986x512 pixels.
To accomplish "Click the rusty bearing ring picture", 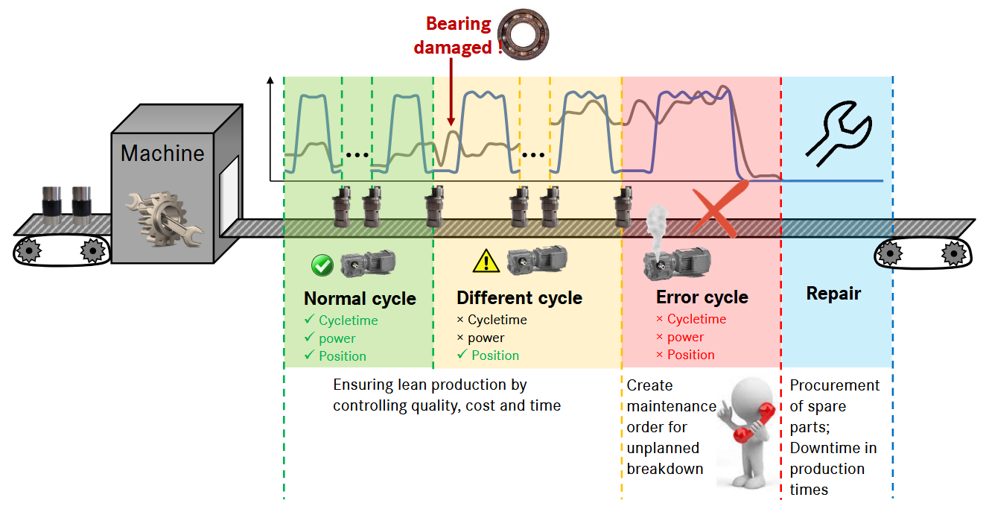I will coord(523,34).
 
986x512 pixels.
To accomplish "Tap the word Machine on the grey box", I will coord(162,154).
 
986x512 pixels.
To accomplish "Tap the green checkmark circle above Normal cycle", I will coord(322,265).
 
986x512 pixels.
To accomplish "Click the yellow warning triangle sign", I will coord(486,261).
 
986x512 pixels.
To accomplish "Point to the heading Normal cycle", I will coord(360,299).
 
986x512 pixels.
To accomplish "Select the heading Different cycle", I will coord(519,298).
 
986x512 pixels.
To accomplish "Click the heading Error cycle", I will coord(702,297).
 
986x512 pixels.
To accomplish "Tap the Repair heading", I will coord(833,294).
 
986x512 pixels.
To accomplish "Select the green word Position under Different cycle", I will coord(494,355).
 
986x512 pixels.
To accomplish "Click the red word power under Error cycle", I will coord(685,337).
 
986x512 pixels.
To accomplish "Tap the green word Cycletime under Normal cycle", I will coord(348,320).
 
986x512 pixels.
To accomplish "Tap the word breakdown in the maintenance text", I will coord(664,469).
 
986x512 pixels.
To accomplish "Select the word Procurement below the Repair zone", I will coord(834,385).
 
